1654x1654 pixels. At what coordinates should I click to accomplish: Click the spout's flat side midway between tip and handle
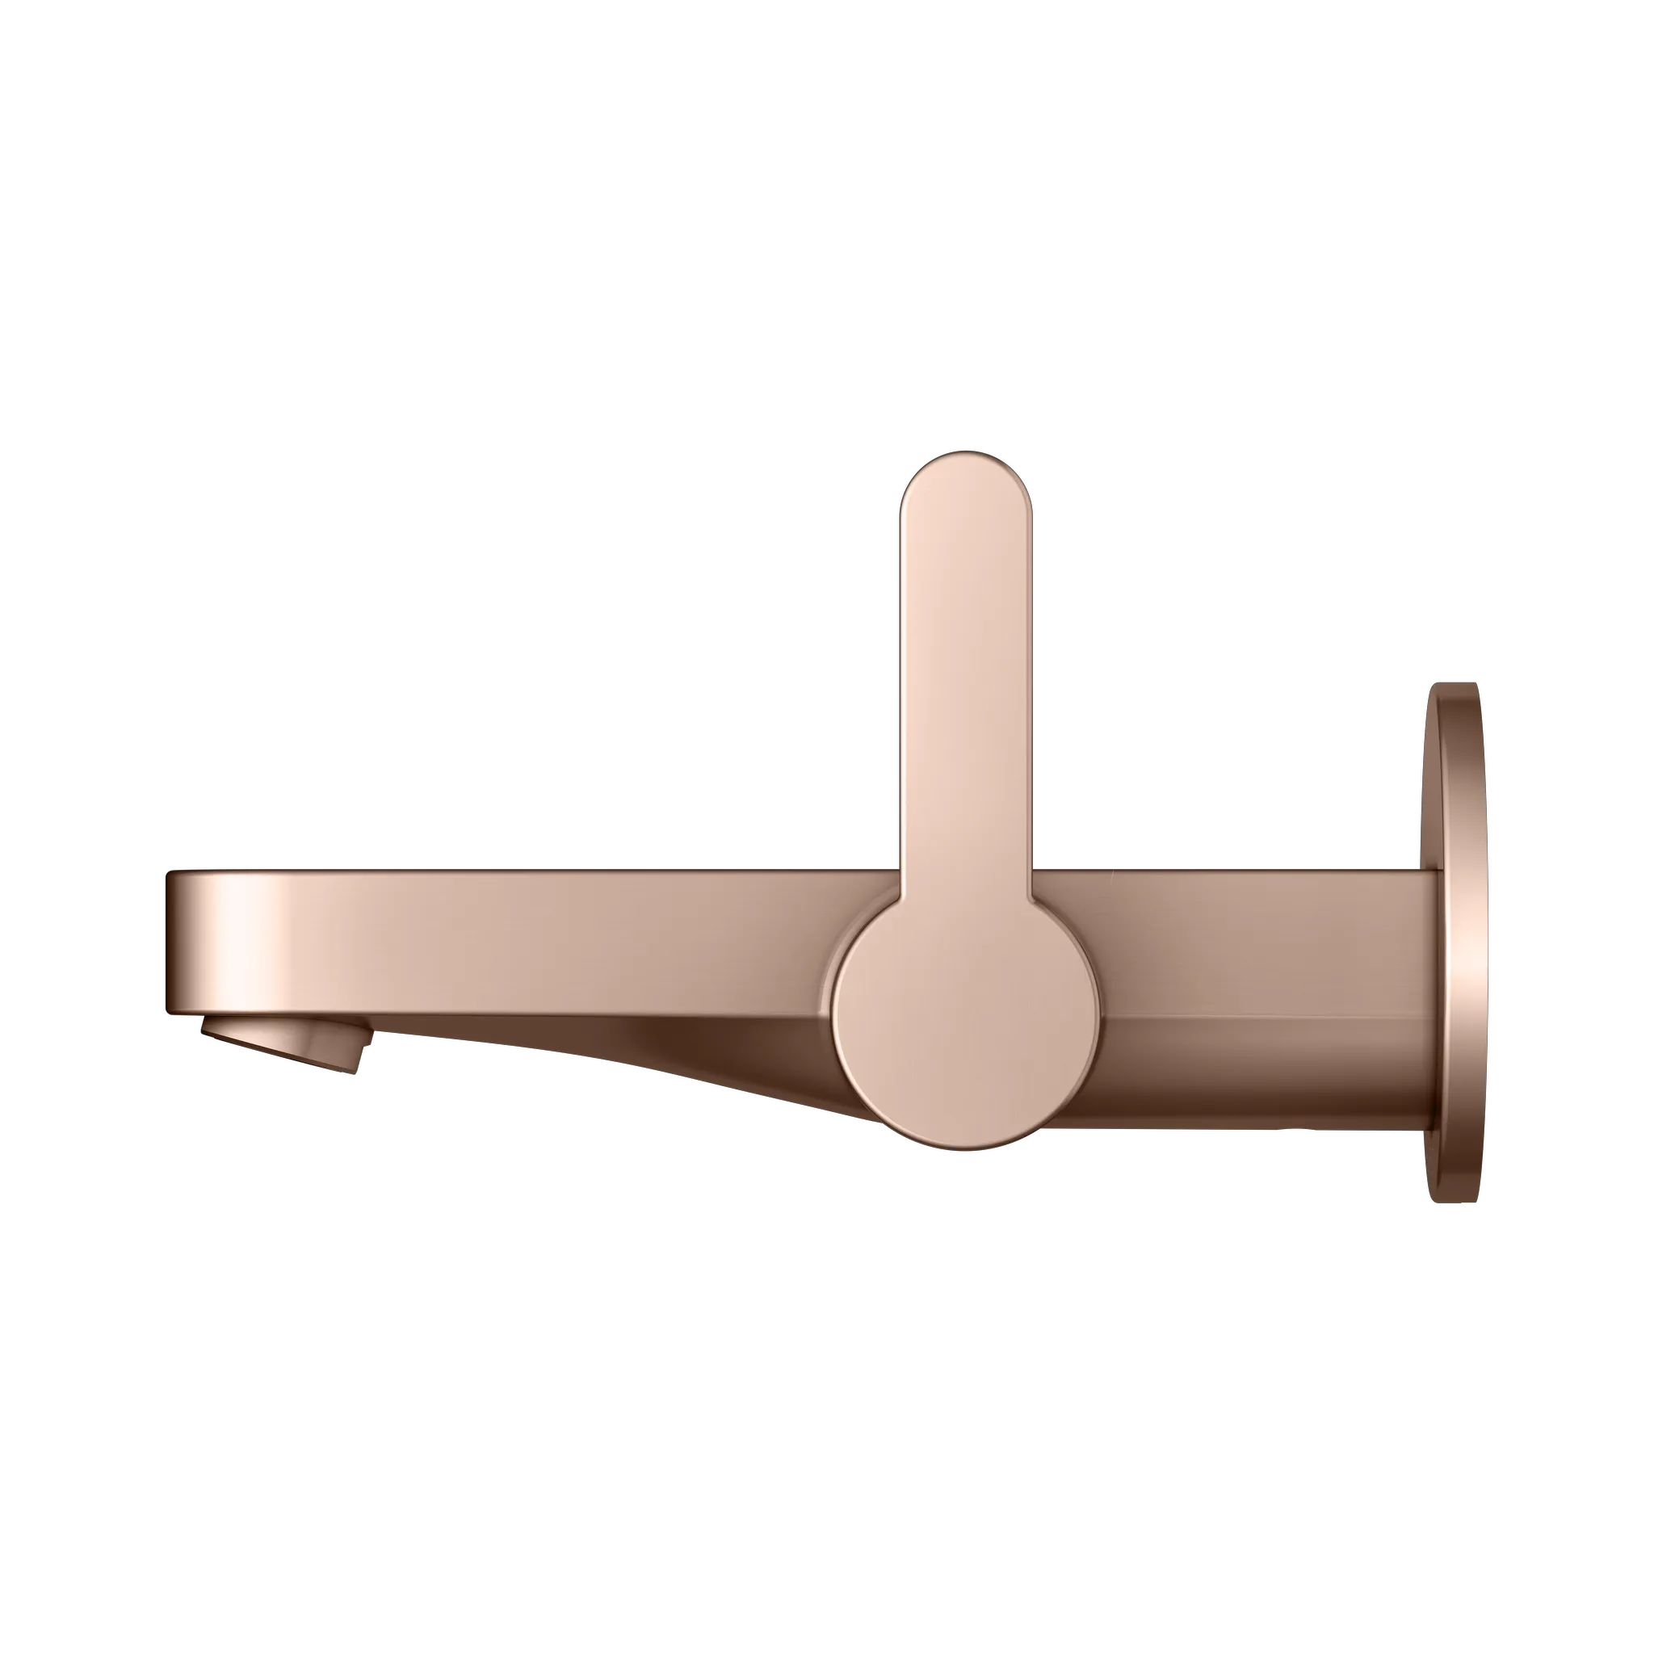click(x=531, y=933)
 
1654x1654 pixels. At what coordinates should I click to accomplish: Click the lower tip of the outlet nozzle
click(x=351, y=1068)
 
